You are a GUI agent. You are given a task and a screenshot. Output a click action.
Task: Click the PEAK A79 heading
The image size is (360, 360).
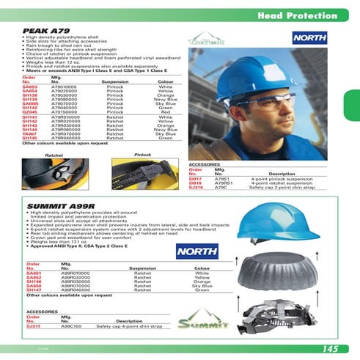coord(44,30)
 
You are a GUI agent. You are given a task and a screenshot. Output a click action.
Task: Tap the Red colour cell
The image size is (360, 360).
coord(165,111)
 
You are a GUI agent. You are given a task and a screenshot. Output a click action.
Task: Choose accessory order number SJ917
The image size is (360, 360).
coord(196,178)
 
